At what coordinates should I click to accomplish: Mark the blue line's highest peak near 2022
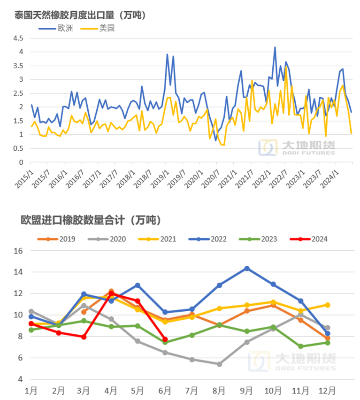click(275, 47)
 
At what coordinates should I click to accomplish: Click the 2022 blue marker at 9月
click(246, 269)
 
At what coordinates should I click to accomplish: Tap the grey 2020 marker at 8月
click(219, 364)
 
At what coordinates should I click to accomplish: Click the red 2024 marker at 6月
click(165, 339)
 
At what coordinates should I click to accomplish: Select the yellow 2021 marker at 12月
click(327, 305)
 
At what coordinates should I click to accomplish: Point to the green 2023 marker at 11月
click(300, 346)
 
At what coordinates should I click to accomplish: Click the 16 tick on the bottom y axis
click(18, 251)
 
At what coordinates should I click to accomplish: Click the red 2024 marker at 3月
click(84, 337)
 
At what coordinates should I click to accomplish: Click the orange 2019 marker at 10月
click(273, 305)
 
